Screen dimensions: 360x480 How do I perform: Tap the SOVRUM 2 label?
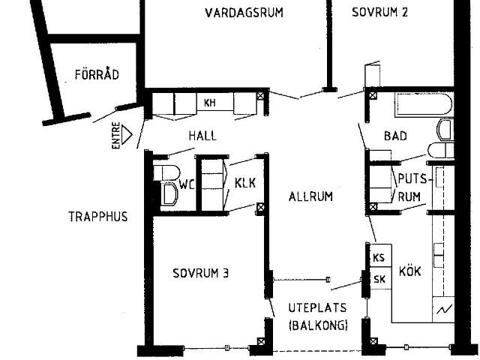click(x=379, y=13)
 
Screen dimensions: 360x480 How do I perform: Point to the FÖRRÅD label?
click(x=97, y=74)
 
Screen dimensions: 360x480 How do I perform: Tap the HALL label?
click(x=202, y=136)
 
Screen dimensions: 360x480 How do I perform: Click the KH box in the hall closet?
click(x=210, y=103)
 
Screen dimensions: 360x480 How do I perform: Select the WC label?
click(x=186, y=183)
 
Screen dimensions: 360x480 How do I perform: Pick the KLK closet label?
click(x=245, y=183)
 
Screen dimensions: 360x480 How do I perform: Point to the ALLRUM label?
click(x=310, y=196)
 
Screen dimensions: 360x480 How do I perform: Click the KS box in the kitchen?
click(x=379, y=257)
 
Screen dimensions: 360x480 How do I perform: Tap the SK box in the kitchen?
click(x=379, y=279)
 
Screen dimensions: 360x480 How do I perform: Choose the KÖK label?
click(x=410, y=271)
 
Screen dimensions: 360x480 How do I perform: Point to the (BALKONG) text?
click(x=318, y=325)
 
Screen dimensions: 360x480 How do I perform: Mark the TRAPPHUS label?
click(x=97, y=217)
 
